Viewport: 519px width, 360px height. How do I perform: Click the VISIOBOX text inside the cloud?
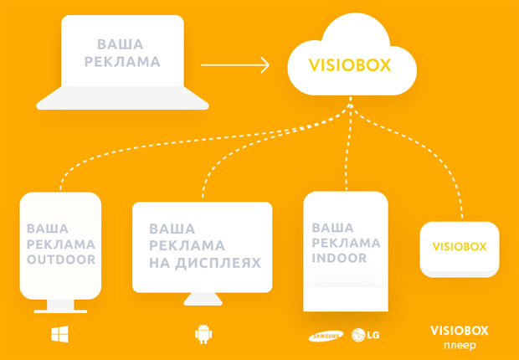click(351, 65)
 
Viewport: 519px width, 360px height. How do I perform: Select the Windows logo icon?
click(60, 335)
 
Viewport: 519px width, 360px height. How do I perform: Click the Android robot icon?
click(203, 335)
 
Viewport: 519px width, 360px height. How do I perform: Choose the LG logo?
click(366, 336)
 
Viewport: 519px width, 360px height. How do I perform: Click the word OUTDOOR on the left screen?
click(60, 260)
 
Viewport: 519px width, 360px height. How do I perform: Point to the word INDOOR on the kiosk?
click(339, 259)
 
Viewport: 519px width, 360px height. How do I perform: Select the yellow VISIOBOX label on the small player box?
click(459, 247)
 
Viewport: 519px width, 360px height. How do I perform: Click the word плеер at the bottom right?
click(458, 345)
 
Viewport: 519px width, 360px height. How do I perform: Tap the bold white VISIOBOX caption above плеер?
click(458, 330)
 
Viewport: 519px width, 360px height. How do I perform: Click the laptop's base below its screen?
click(123, 100)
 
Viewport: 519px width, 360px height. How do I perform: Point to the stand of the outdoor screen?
click(60, 307)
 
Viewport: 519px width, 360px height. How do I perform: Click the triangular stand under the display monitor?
click(203, 299)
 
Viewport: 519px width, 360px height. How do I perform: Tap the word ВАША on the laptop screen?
click(120, 44)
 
